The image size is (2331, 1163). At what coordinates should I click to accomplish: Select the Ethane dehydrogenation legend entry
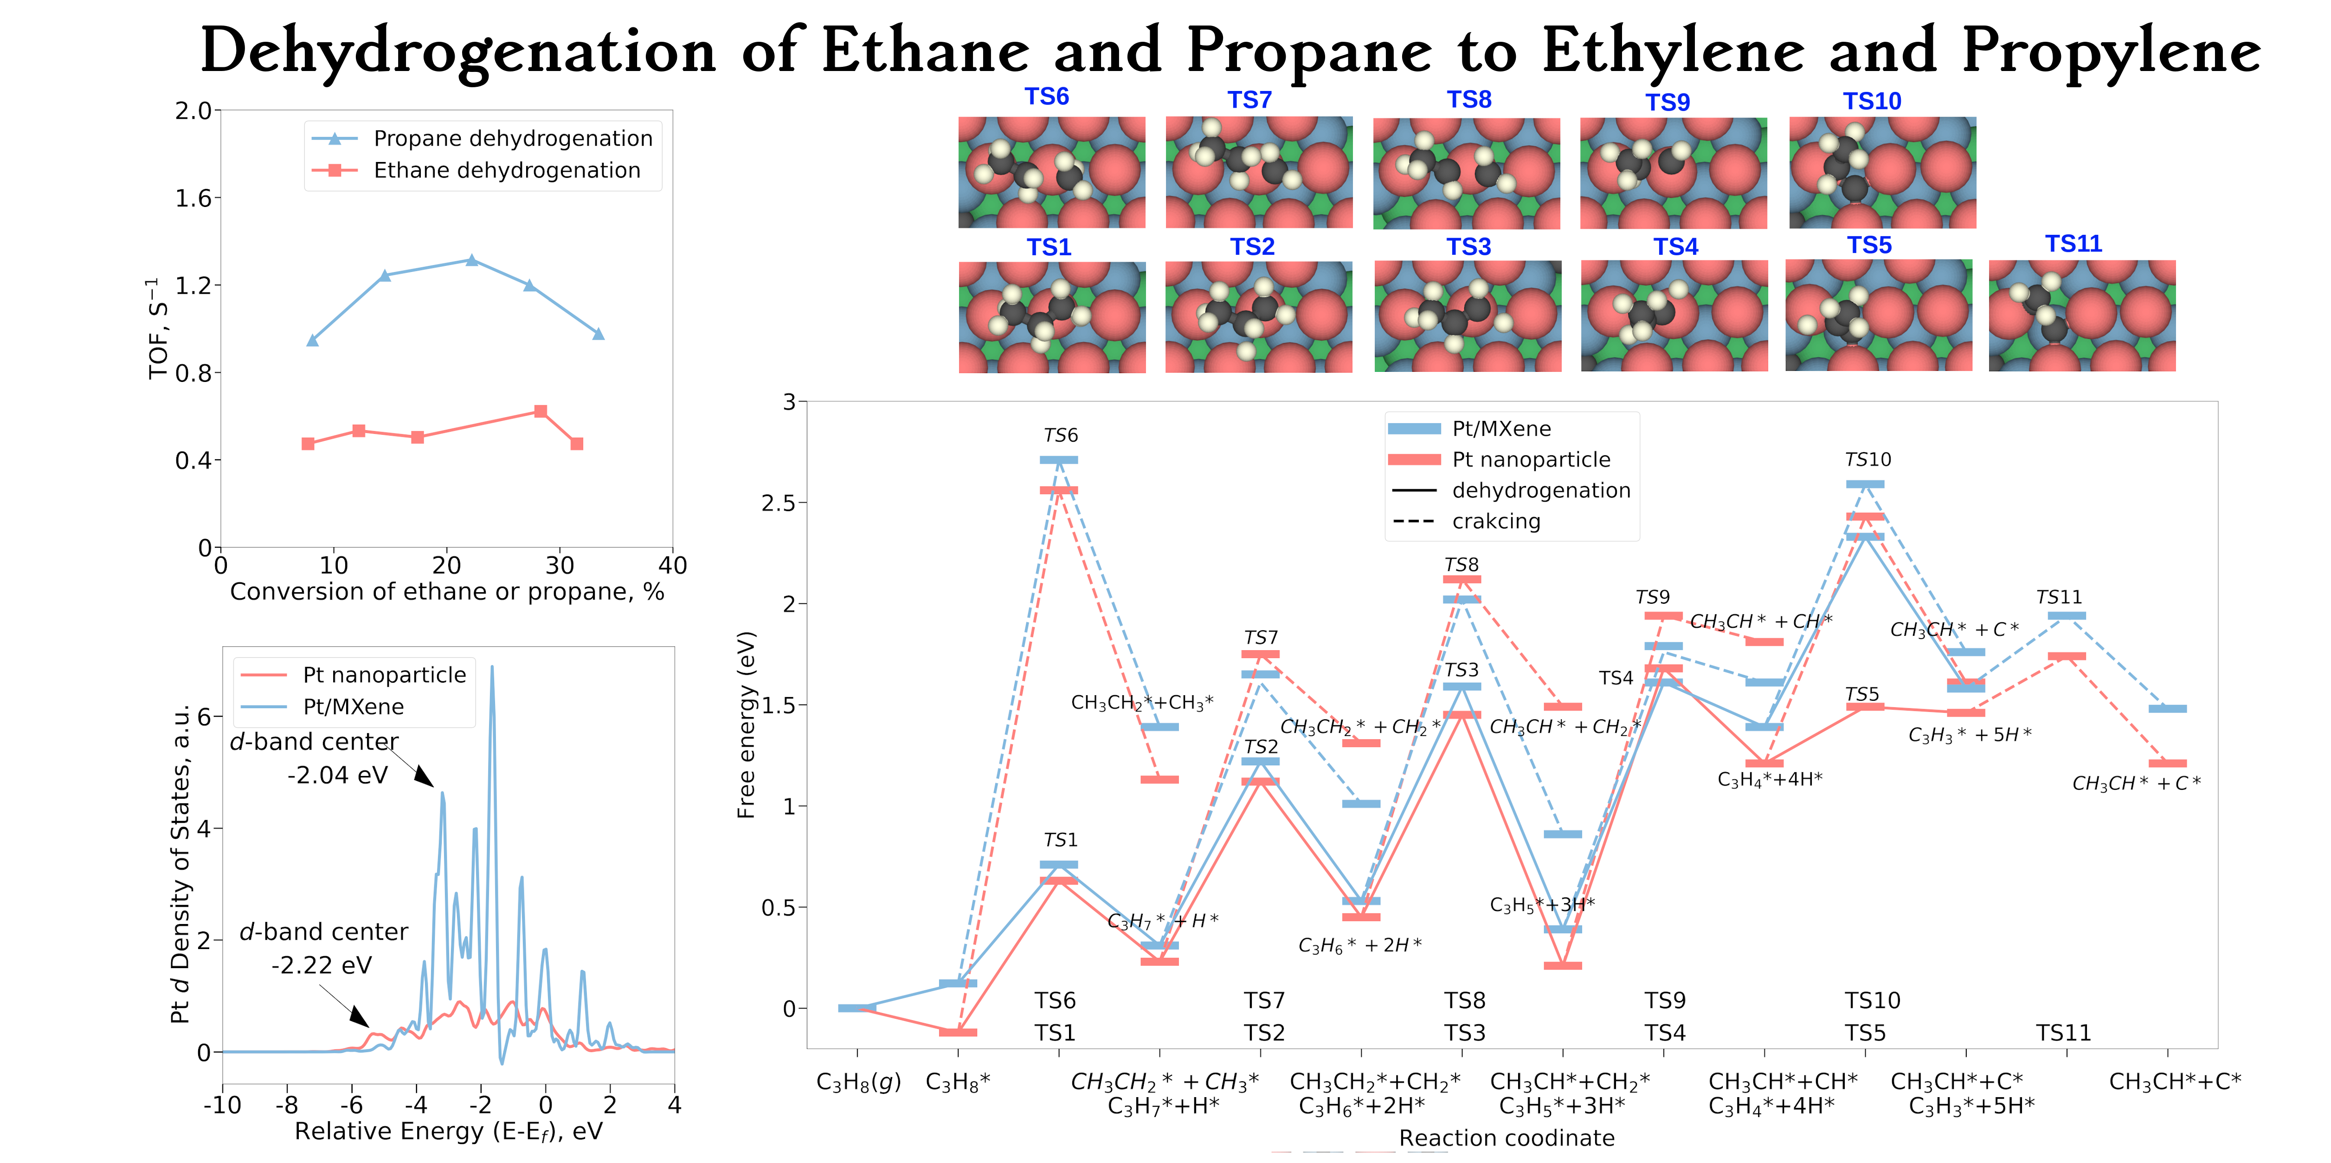tap(507, 170)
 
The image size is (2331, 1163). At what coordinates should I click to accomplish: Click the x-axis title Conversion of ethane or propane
tap(447, 592)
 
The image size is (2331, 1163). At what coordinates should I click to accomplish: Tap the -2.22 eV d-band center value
tap(321, 966)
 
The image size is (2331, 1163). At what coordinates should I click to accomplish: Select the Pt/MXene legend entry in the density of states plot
tap(353, 707)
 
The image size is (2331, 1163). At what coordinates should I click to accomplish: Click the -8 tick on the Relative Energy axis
tap(287, 1105)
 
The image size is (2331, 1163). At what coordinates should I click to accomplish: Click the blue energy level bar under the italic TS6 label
tap(1059, 460)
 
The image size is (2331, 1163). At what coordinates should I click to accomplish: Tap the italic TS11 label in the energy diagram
tap(2059, 597)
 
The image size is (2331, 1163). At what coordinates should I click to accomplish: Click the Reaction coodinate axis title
tap(1507, 1138)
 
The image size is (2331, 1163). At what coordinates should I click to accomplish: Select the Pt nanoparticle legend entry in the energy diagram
tap(1531, 460)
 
